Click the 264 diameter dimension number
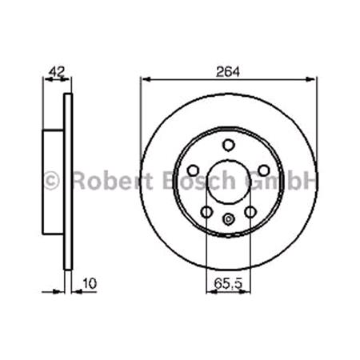coord(228,70)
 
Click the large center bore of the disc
coord(228,182)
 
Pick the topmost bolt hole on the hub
coord(228,144)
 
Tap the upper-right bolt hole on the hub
coord(264,170)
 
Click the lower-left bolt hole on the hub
coord(206,212)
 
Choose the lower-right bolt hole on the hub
coord(250,212)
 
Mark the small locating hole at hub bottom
coord(228,222)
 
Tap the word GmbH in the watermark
coord(284,180)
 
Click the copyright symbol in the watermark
coord(50,180)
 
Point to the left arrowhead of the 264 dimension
coord(145,78)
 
